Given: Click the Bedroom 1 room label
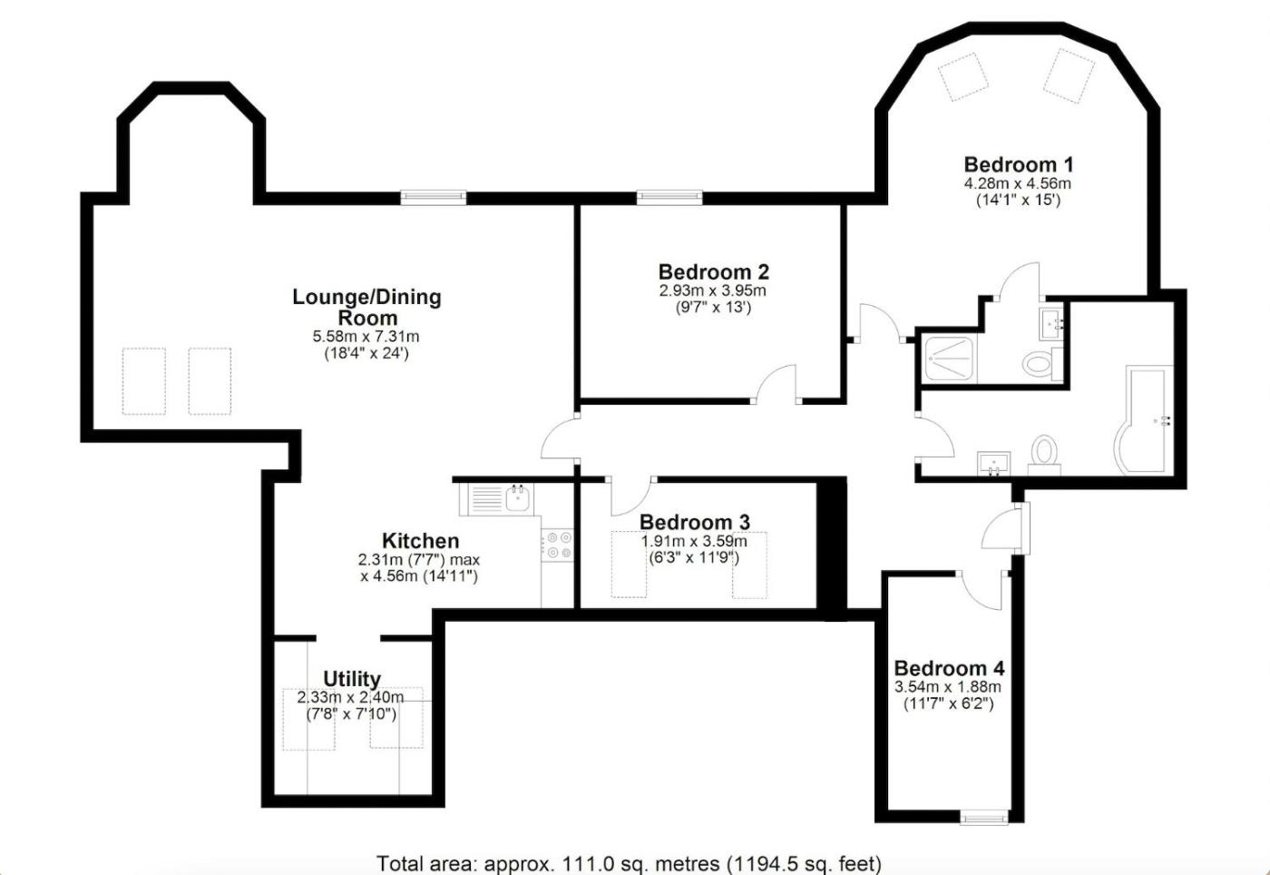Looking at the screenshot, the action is (1018, 164).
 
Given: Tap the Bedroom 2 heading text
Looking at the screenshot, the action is (713, 271).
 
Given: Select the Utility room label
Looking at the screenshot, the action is (352, 679).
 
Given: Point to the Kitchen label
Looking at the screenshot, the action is (420, 540).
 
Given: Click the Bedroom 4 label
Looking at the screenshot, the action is (949, 668).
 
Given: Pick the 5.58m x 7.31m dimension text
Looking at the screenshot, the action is (366, 337).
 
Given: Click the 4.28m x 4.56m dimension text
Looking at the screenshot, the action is (1018, 184).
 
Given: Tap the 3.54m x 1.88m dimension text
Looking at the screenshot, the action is (948, 687).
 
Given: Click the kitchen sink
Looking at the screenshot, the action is (496, 499).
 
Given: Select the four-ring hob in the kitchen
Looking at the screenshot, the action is (558, 545).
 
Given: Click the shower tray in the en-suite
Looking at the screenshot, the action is (949, 359).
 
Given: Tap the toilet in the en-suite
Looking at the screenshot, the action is (1043, 362).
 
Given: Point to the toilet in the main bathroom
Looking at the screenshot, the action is (1044, 455).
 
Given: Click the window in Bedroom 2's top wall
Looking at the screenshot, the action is (669, 198).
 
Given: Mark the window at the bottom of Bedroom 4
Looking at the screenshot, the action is (984, 818).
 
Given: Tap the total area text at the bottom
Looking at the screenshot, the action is (630, 863).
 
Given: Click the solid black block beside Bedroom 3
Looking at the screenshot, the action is (831, 548).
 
